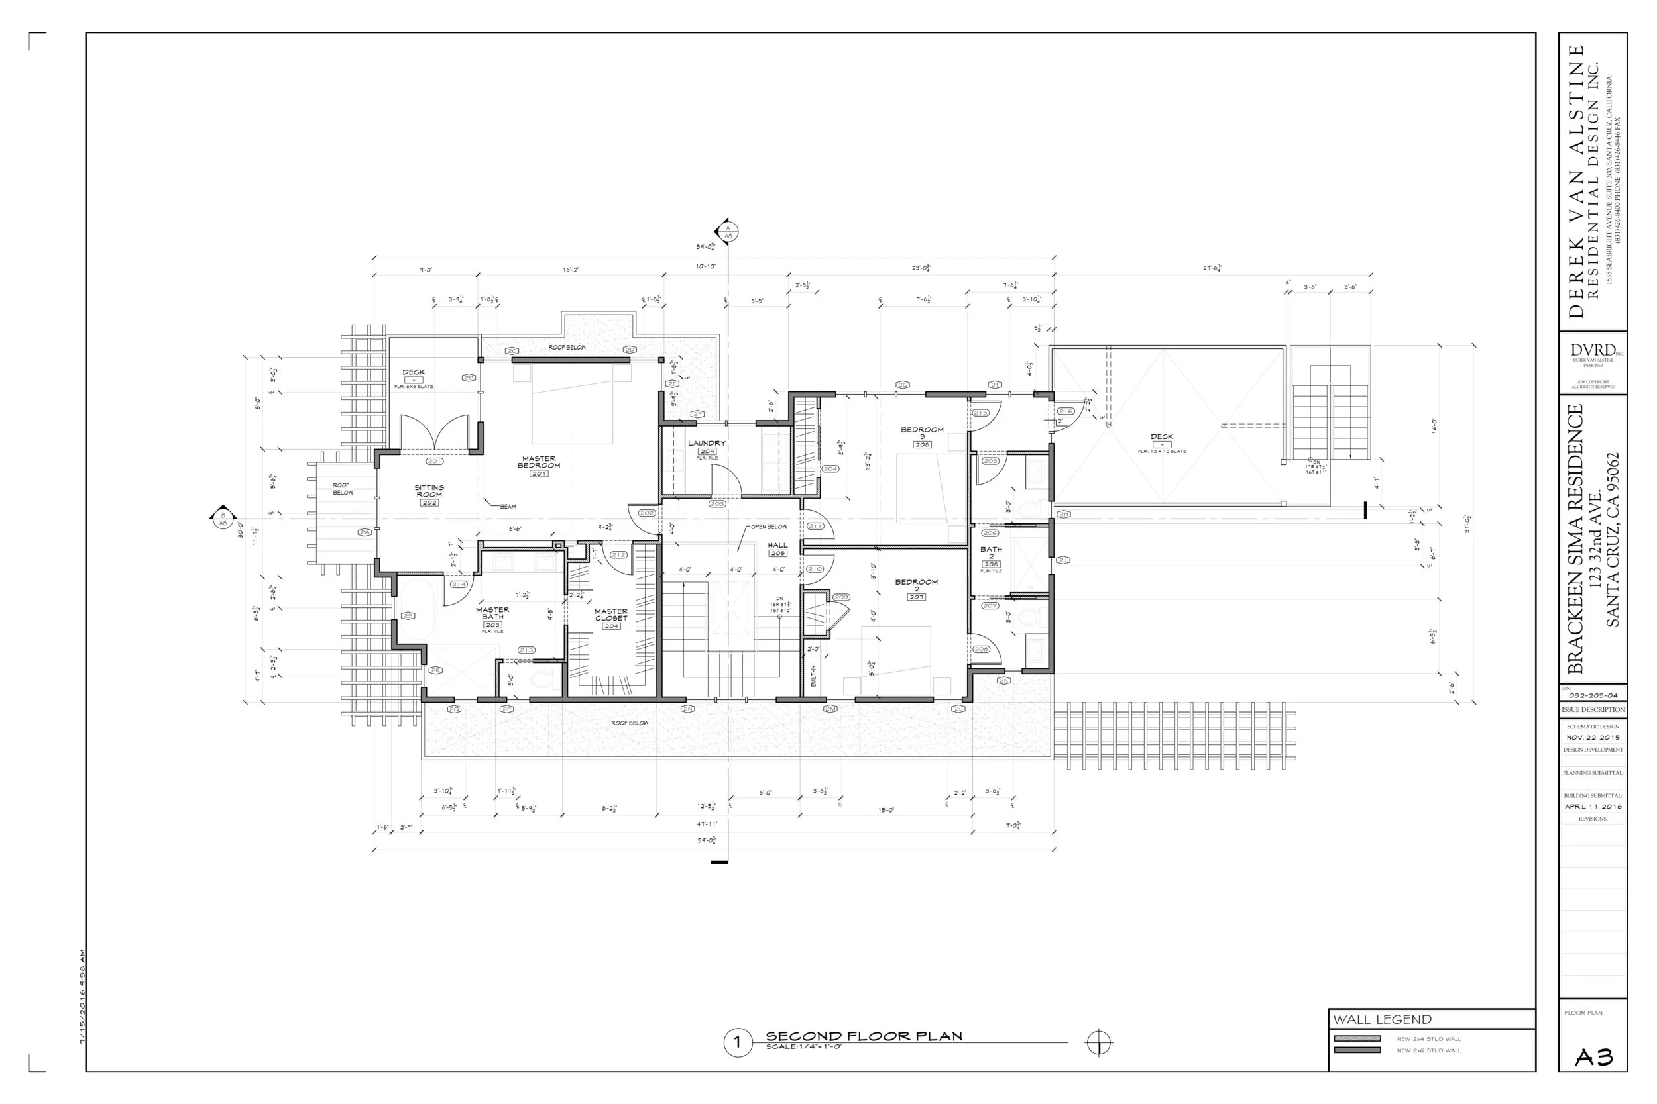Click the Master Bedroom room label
[x=539, y=462]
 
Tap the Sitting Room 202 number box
[x=429, y=503]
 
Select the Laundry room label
[x=707, y=444]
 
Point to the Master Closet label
[x=611, y=615]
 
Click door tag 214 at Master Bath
[x=459, y=584]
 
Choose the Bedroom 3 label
[x=921, y=433]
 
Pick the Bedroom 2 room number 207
[x=917, y=597]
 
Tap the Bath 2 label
[x=992, y=553]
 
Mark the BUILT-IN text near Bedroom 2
[x=813, y=676]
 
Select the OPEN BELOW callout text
[x=769, y=527]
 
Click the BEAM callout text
[x=508, y=506]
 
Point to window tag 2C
[x=512, y=350]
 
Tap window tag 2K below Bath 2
[x=1003, y=681]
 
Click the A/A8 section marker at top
[x=728, y=232]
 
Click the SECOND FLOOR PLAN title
[x=864, y=1036]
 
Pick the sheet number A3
[x=1593, y=1058]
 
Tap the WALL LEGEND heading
[x=1382, y=1019]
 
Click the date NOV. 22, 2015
[x=1593, y=738]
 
